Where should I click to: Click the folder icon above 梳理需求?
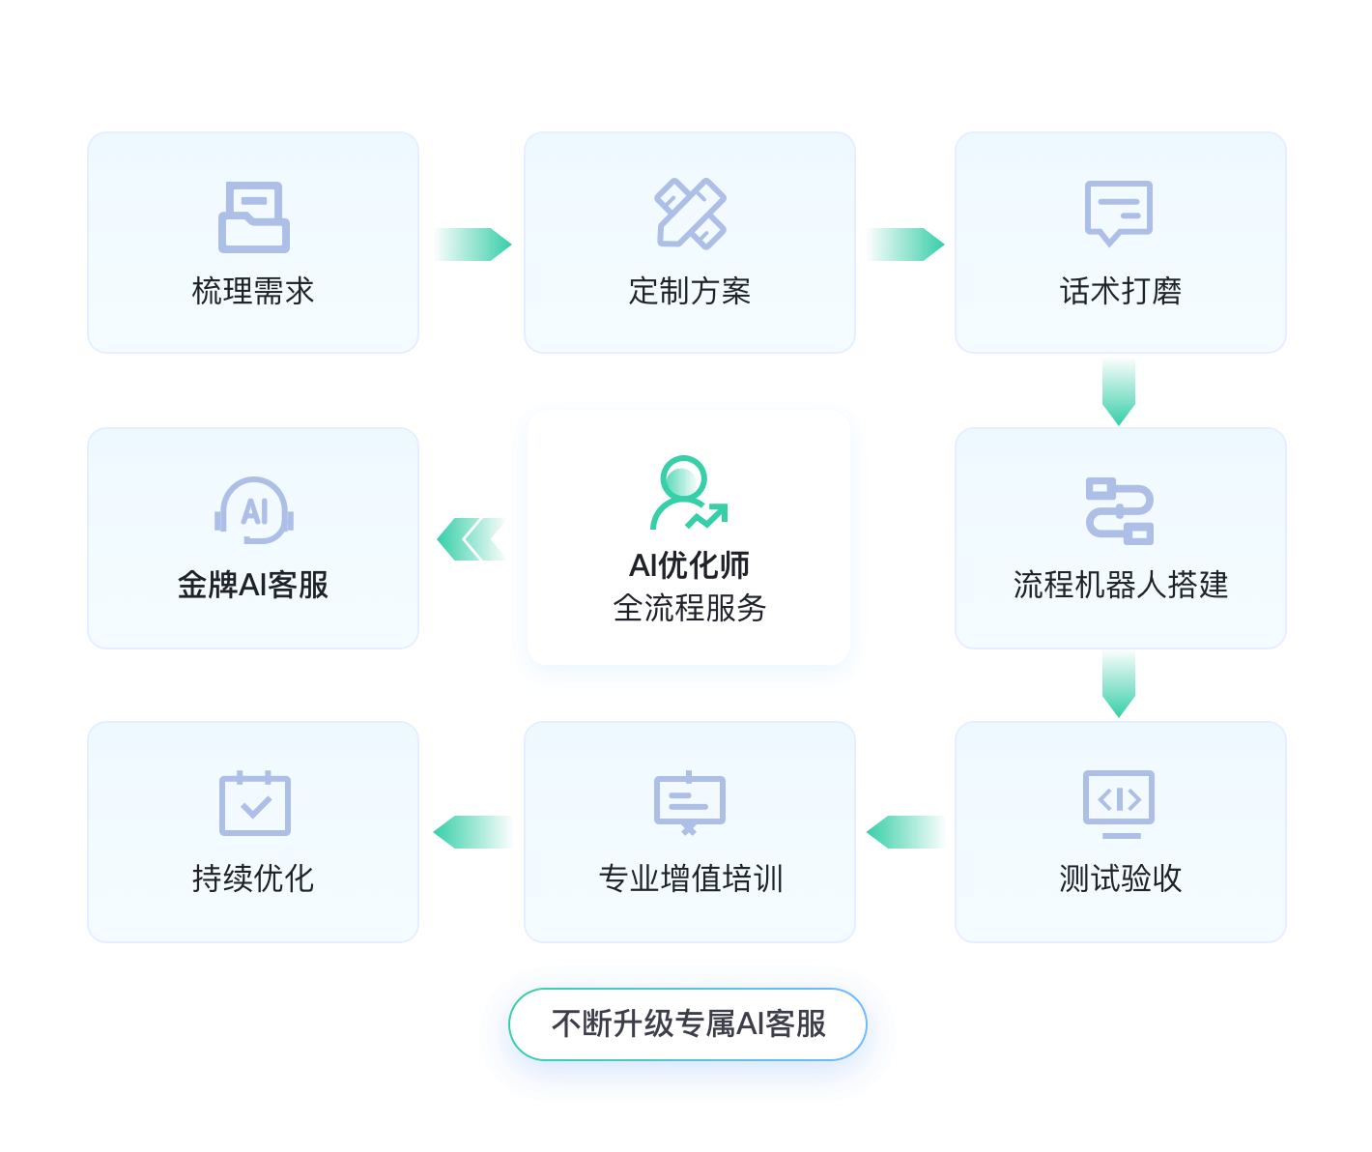pos(253,216)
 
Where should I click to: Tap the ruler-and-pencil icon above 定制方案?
pos(690,213)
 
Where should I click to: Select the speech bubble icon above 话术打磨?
pos(1119,212)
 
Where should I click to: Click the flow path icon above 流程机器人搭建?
pos(1120,510)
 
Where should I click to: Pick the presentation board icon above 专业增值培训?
pos(690,802)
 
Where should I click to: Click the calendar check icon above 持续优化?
pos(254,803)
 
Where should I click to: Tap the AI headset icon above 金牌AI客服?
pos(254,510)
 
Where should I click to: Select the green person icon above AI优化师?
pos(687,493)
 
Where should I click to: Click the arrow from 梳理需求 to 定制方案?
pos(472,245)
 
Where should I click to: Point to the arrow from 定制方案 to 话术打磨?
pos(904,245)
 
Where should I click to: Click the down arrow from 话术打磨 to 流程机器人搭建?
pos(1119,390)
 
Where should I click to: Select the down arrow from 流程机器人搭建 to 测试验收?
pos(1119,683)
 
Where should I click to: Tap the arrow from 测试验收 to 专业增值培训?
pos(906,832)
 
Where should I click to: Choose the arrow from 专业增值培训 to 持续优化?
pos(472,832)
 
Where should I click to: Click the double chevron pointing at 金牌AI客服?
pos(472,539)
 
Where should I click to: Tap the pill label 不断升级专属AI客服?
pos(688,1023)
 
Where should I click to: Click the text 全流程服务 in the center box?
pos(689,608)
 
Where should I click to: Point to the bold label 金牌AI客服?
pos(253,585)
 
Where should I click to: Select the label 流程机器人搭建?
pos(1120,585)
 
